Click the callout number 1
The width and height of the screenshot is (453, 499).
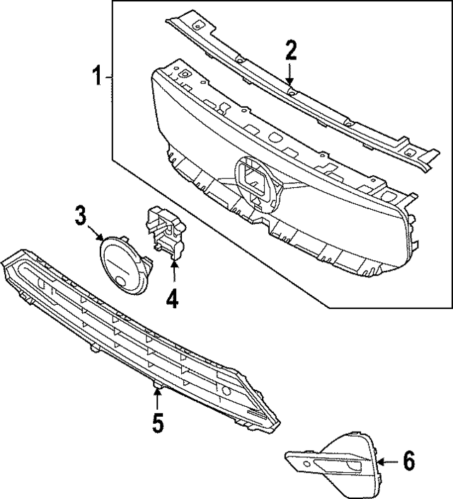99,75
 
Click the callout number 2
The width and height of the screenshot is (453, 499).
290,50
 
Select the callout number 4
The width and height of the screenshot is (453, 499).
172,299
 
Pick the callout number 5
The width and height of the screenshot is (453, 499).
157,423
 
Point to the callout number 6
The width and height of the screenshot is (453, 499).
408,461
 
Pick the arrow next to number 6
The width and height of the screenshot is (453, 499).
386,461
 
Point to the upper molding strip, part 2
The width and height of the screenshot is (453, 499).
297,92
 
